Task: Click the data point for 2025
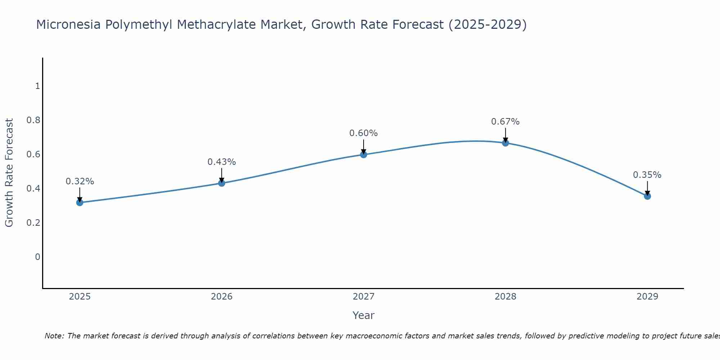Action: [80, 203]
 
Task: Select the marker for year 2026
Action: [222, 183]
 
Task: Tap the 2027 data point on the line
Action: [364, 155]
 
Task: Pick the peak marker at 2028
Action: [505, 143]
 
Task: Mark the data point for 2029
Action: [647, 196]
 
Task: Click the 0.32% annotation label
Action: [80, 181]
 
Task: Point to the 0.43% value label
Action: [222, 162]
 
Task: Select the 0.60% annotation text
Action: [364, 133]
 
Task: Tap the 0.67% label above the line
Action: [505, 122]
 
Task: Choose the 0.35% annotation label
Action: [647, 175]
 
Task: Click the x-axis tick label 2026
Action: [222, 297]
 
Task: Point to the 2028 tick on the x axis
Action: [505, 297]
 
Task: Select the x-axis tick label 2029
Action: [647, 297]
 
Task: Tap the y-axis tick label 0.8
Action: [33, 120]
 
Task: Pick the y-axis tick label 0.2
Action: [33, 222]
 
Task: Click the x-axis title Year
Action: [364, 315]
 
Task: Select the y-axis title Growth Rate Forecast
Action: [9, 173]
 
